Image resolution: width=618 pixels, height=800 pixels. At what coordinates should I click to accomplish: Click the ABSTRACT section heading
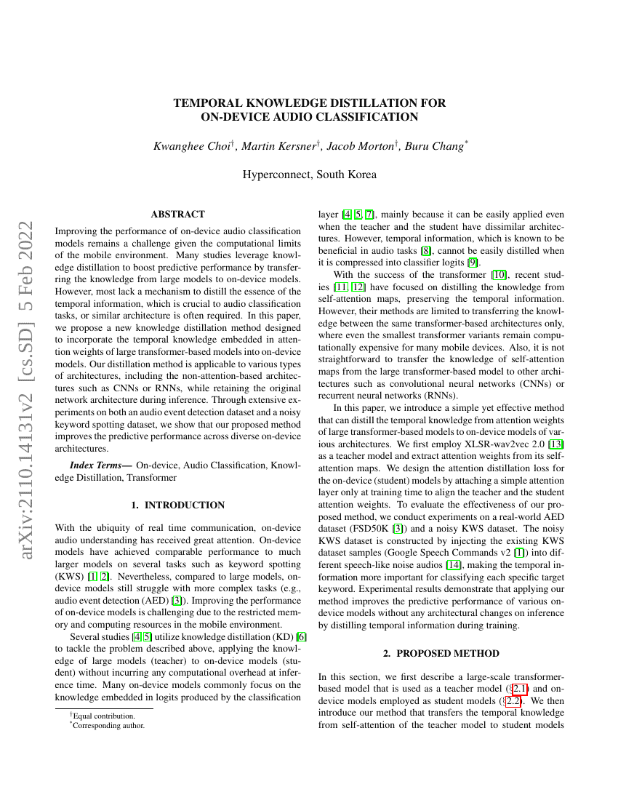(x=177, y=214)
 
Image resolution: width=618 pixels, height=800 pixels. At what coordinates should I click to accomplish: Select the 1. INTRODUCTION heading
(x=177, y=505)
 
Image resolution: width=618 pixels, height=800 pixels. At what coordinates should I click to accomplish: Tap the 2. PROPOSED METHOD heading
(x=441, y=653)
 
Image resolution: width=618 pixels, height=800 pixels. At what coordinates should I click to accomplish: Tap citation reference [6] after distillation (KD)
(x=302, y=637)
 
